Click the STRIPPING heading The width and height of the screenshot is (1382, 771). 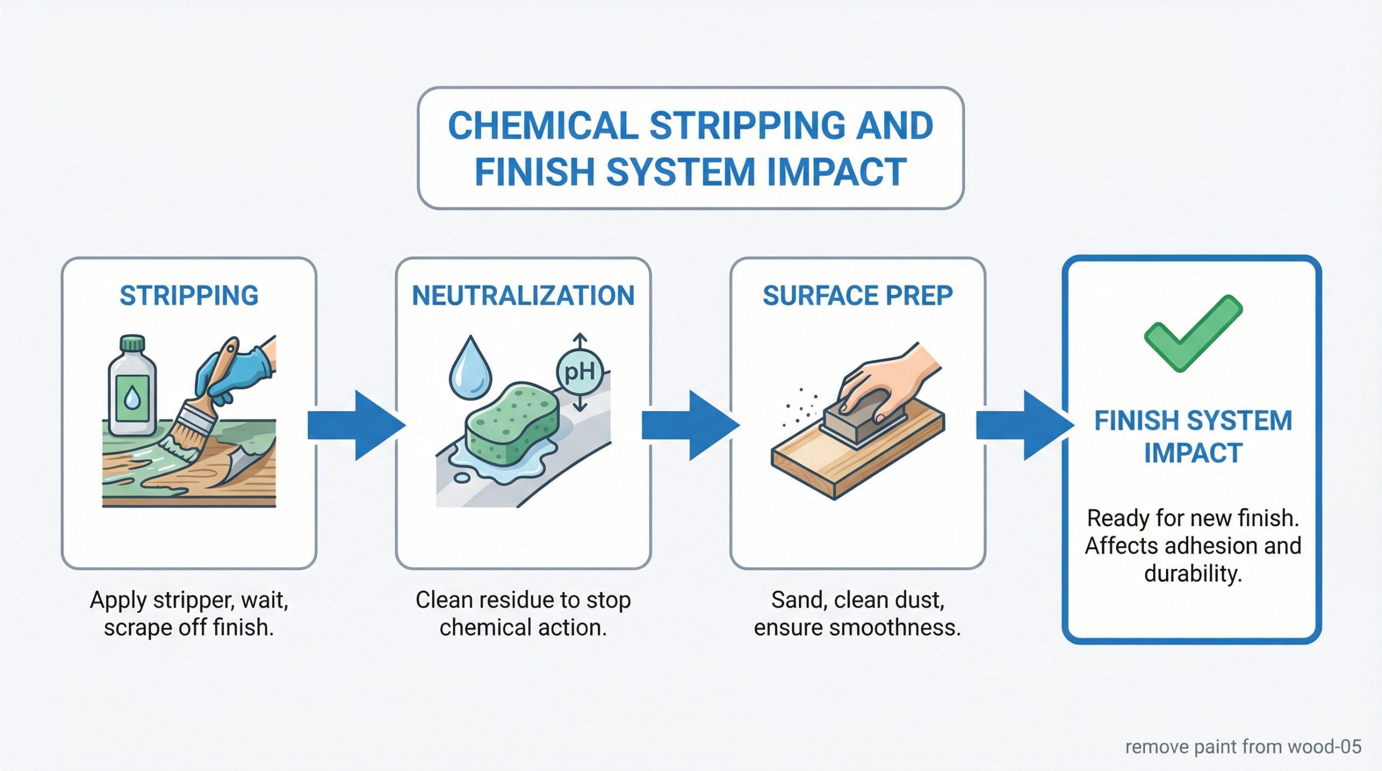click(189, 296)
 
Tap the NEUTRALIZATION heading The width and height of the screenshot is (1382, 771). click(523, 296)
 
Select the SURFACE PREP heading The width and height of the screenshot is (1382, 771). click(858, 296)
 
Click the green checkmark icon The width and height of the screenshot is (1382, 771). click(1193, 333)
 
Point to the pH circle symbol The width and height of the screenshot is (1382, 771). click(579, 372)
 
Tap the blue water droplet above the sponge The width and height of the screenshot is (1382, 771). click(471, 367)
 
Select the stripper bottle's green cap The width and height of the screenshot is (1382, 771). click(132, 343)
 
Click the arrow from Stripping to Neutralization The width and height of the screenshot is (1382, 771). click(357, 425)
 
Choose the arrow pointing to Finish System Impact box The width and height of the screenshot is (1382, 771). click(1025, 425)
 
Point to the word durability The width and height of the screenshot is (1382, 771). click(1193, 574)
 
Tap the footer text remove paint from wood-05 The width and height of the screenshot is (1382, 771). click(1243, 746)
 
